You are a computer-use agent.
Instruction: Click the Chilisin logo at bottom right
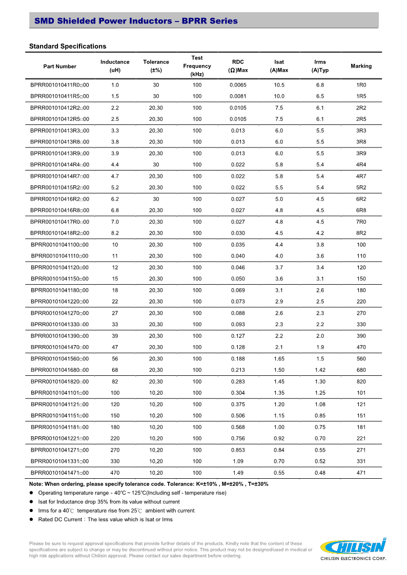click(353, 546)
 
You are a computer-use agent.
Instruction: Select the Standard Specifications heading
click(68, 46)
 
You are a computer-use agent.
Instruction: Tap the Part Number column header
click(60, 66)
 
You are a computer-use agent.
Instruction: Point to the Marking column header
click(361, 66)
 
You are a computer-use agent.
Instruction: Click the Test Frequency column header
click(197, 66)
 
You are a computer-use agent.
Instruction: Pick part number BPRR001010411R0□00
click(60, 84)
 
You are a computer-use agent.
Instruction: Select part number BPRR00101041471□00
click(59, 473)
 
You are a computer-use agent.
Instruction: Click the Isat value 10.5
click(279, 84)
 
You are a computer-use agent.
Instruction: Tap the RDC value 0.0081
click(238, 96)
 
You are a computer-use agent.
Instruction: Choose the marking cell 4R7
click(361, 176)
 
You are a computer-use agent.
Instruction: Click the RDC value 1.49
click(238, 473)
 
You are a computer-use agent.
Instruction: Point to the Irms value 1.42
click(320, 370)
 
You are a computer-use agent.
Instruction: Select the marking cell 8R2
click(361, 233)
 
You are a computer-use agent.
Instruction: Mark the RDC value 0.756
click(238, 438)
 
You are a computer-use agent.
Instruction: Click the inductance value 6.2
click(115, 199)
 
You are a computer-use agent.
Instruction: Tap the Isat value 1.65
click(279, 358)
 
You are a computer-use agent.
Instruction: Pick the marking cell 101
click(361, 393)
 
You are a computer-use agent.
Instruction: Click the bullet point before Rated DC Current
click(32, 519)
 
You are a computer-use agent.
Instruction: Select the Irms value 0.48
click(320, 473)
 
